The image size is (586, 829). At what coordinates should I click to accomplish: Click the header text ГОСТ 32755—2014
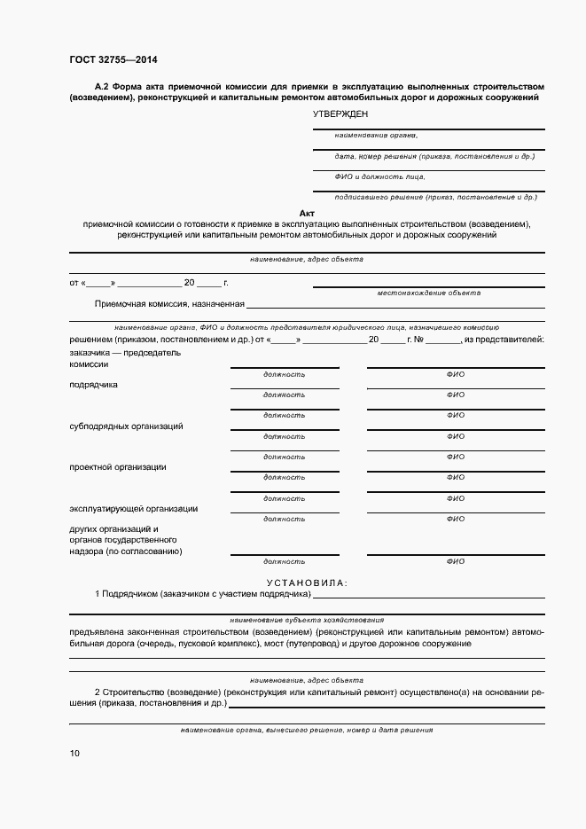[113, 59]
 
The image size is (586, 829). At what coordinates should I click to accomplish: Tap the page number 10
[74, 754]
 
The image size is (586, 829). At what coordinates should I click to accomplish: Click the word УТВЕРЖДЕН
[340, 114]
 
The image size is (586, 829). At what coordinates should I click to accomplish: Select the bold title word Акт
[307, 214]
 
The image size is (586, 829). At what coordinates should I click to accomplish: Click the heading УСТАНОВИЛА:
[307, 583]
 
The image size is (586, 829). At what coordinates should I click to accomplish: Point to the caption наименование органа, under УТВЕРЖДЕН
[376, 136]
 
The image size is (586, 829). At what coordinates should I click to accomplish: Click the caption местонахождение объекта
[428, 292]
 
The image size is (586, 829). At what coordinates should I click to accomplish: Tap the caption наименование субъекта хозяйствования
[306, 620]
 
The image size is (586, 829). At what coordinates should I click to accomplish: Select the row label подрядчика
[93, 385]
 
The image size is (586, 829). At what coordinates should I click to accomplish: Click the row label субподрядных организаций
[126, 426]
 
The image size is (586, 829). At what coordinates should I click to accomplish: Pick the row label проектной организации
[117, 467]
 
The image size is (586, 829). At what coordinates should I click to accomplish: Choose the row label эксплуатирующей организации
[133, 509]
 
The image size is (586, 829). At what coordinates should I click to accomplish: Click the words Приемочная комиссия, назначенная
[169, 304]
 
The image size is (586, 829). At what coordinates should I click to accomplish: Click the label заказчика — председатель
[125, 352]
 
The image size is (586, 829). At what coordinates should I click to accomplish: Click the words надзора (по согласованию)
[125, 551]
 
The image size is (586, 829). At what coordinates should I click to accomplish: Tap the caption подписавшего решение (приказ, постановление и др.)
[435, 197]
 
